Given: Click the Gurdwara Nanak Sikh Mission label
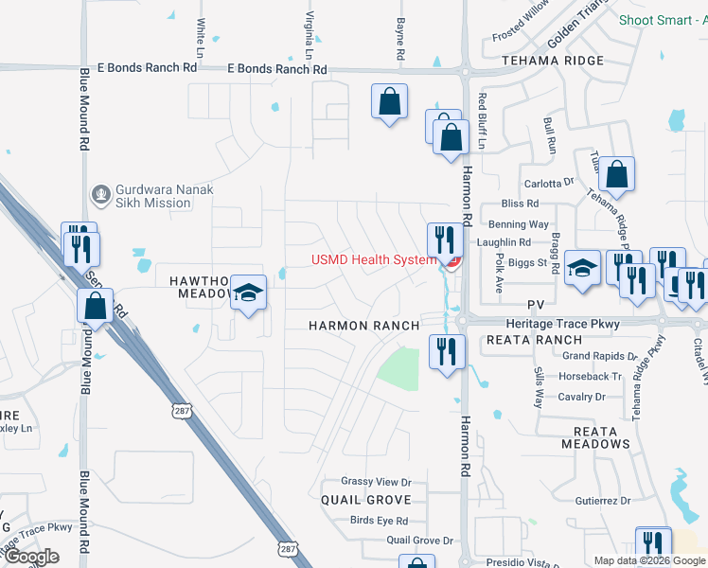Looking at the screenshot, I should (164, 196).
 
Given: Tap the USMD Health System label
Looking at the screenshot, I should (374, 260).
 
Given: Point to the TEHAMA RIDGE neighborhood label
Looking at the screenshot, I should (553, 61).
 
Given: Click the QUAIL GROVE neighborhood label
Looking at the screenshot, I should (366, 499).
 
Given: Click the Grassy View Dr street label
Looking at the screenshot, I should (377, 482).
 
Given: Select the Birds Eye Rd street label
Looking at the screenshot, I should (379, 521).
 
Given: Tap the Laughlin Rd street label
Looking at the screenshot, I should (504, 242).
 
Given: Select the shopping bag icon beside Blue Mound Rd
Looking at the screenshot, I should (95, 306).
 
